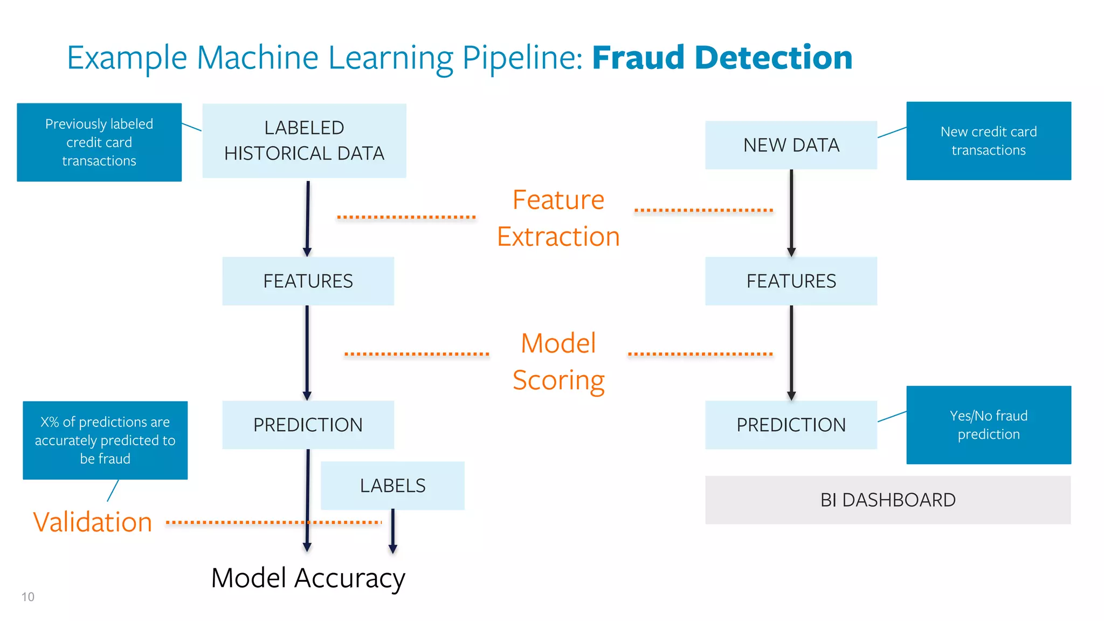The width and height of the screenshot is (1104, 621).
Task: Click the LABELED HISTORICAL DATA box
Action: [x=304, y=141]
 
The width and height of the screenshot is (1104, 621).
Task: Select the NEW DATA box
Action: [x=791, y=145]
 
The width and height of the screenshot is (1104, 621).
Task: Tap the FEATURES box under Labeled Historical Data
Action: [x=308, y=281]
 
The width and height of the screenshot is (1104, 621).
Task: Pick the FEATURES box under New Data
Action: [x=791, y=281]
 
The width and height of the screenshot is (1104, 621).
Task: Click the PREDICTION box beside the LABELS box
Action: [x=308, y=425]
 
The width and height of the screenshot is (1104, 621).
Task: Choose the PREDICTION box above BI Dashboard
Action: [x=791, y=425]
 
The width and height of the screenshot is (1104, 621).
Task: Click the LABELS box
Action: [x=392, y=486]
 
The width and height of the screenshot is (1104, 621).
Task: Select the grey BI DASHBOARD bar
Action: [x=887, y=500]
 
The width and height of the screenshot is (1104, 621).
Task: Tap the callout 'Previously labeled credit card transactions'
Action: [x=99, y=142]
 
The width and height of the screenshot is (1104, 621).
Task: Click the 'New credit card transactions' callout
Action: [x=988, y=141]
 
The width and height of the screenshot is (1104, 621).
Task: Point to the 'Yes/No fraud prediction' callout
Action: [x=988, y=425]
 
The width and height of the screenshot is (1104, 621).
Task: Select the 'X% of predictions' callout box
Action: [x=105, y=440]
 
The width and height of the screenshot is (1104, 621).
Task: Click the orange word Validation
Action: [x=93, y=522]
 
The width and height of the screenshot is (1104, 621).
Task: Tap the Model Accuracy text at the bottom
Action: [x=308, y=578]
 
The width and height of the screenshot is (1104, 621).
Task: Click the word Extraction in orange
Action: [x=558, y=237]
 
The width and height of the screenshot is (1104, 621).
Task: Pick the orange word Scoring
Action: [x=558, y=380]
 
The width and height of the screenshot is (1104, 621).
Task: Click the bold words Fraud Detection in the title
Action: [x=722, y=58]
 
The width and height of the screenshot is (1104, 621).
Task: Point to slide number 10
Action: [x=27, y=597]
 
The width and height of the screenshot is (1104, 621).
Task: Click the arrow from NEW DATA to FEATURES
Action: [x=791, y=213]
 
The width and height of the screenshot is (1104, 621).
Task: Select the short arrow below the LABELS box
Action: [x=393, y=531]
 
